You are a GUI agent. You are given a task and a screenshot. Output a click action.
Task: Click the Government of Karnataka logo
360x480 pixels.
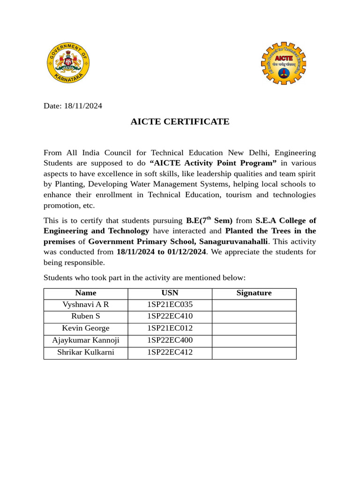(x=68, y=63)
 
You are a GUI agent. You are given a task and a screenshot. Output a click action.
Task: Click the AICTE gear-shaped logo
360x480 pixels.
(x=284, y=63)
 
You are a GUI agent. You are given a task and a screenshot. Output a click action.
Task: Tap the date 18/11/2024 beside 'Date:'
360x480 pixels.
(x=83, y=106)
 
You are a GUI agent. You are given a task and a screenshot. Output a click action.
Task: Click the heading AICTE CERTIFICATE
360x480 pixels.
(x=180, y=122)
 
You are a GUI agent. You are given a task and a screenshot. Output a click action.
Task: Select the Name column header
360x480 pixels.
(x=86, y=293)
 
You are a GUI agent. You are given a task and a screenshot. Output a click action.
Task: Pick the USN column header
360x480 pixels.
(x=170, y=293)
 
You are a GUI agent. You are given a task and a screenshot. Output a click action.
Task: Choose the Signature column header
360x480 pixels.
(x=254, y=293)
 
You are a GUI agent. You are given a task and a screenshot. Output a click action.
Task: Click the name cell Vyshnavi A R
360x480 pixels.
(x=86, y=305)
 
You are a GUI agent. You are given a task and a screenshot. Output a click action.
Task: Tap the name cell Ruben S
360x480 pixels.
(x=86, y=316)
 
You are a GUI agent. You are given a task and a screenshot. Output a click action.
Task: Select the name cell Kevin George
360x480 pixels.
(x=86, y=329)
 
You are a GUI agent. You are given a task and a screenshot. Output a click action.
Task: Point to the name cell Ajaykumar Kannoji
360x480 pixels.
(x=86, y=340)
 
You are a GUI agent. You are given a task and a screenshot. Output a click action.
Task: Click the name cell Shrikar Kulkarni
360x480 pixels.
(x=86, y=352)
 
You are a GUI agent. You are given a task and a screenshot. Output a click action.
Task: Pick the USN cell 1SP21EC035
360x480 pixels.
(x=170, y=305)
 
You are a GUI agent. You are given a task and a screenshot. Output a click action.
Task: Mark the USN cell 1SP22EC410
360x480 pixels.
(x=170, y=316)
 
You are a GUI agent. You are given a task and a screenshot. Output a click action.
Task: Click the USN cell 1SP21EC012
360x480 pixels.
(x=170, y=329)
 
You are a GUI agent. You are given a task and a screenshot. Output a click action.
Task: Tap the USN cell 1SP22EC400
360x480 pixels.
(x=170, y=340)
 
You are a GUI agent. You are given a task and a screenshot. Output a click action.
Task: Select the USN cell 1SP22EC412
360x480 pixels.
(x=170, y=352)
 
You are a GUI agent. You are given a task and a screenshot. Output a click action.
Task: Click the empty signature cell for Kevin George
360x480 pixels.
(x=254, y=329)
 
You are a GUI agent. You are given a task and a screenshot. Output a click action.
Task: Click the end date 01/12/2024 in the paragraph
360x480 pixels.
(x=187, y=252)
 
